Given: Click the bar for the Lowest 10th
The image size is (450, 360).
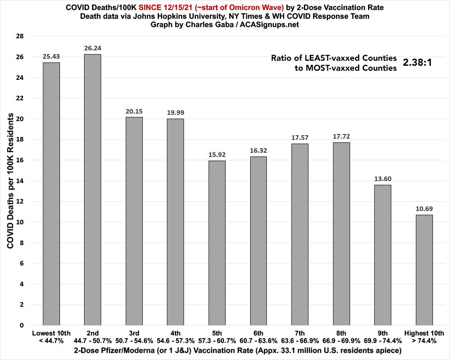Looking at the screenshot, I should tap(51, 194).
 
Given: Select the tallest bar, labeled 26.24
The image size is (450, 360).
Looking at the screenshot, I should tap(92, 189).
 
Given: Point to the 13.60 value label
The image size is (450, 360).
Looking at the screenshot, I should tap(383, 179).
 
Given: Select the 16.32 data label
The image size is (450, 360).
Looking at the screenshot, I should tap(258, 151).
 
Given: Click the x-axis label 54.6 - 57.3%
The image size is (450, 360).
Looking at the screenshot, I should tap(175, 341).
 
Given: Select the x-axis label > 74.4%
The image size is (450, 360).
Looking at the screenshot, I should tap(424, 341).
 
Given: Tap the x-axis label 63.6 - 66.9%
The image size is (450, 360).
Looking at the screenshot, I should tap(300, 341).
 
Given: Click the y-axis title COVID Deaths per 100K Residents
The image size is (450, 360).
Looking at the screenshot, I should tap(10, 181).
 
